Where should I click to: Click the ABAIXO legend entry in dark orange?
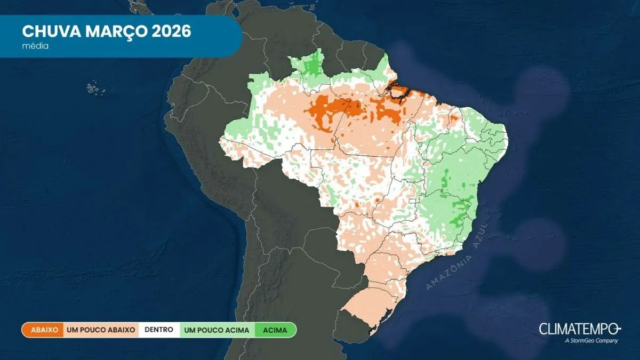pyautogui.click(x=43, y=330)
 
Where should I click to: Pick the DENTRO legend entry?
pyautogui.click(x=158, y=330)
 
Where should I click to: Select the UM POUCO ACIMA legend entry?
pyautogui.click(x=217, y=330)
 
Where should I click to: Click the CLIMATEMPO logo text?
pyautogui.click(x=578, y=328)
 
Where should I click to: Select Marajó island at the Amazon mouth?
pyautogui.click(x=399, y=91)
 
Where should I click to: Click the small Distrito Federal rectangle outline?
pyautogui.click(x=412, y=202)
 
